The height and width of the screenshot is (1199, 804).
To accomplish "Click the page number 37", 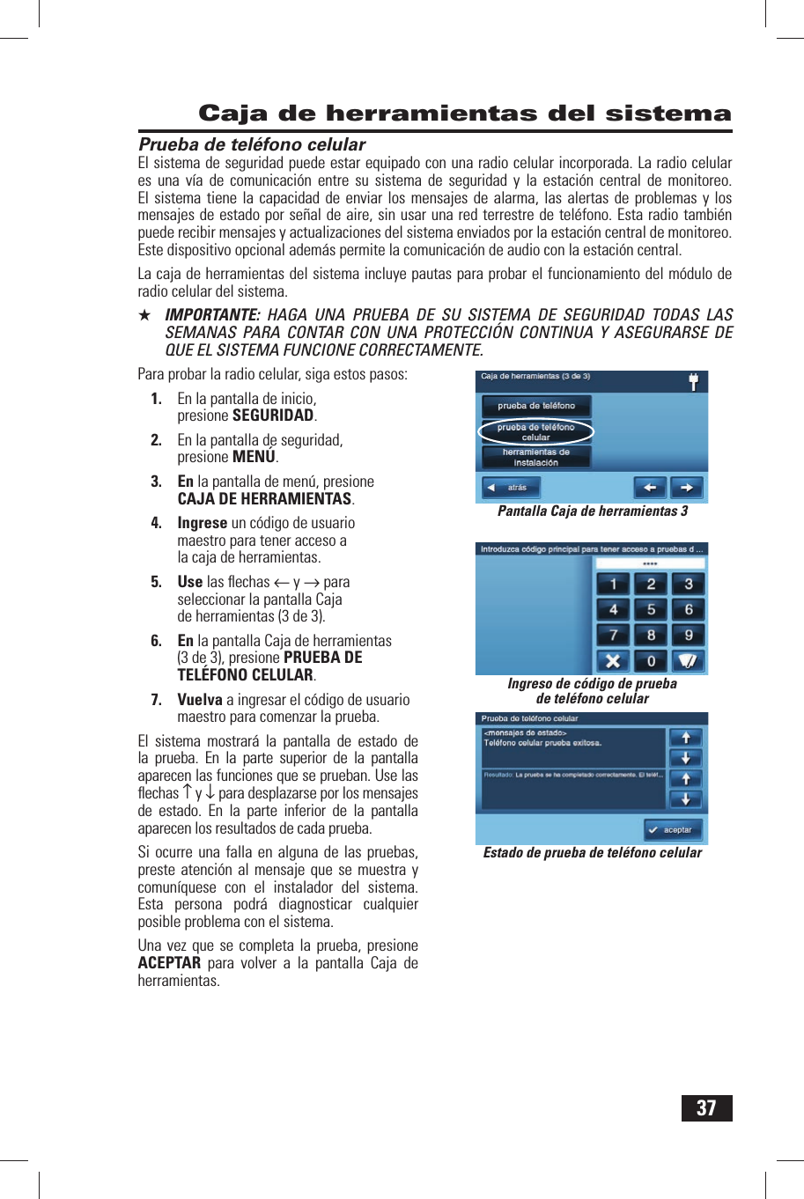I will (x=706, y=1107).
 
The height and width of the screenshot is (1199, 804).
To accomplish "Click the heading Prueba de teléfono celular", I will (x=252, y=144).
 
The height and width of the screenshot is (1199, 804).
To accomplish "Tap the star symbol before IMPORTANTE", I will (x=144, y=315).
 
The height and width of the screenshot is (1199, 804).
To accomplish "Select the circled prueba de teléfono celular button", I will (x=535, y=431).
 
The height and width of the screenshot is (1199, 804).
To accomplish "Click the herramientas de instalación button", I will (x=535, y=457).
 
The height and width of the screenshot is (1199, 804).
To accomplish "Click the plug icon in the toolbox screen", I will (x=693, y=382).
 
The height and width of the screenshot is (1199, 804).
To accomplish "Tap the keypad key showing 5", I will (x=651, y=609).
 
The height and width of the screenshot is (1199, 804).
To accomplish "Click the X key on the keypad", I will (x=613, y=660).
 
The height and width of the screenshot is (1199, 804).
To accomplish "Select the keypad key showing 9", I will (x=689, y=635).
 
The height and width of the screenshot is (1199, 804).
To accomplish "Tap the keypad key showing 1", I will (x=613, y=584).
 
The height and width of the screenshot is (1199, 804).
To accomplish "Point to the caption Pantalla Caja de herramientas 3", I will (x=593, y=511).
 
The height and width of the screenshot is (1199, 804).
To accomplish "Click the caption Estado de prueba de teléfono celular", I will (x=593, y=853).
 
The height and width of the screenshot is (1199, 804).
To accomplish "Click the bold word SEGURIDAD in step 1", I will (x=273, y=416).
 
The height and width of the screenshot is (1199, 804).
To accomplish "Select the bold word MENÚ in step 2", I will (x=254, y=457).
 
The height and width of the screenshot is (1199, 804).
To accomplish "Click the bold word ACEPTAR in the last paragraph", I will (x=169, y=963).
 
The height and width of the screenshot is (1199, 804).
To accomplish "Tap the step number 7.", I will (x=156, y=700).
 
